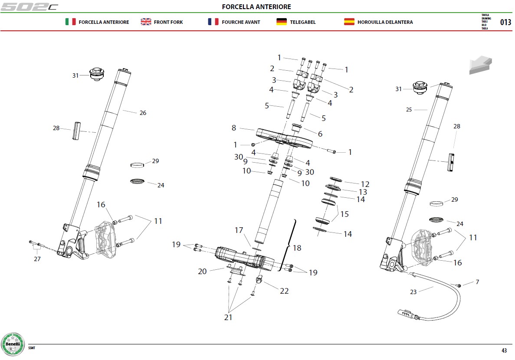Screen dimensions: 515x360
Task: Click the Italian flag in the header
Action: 70,22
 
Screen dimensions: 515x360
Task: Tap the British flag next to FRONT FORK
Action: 146,22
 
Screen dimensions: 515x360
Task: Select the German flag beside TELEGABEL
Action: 282,22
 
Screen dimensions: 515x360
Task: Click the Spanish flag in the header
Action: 349,22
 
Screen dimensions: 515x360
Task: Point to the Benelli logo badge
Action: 13,344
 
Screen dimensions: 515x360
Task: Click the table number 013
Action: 505,22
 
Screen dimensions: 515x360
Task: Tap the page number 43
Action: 504,350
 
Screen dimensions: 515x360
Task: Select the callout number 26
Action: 143,113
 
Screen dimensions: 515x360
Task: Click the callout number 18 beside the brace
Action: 297,248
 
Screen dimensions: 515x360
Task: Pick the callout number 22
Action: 284,291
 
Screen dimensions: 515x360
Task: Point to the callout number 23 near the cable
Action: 413,291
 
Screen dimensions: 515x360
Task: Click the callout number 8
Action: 234,128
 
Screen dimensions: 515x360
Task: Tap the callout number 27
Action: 37,259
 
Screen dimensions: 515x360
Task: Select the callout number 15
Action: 344,214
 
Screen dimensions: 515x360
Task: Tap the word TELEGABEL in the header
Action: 302,22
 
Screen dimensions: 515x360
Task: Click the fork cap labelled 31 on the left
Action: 97,74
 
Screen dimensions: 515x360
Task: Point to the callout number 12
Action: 365,184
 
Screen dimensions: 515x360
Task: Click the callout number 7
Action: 477,282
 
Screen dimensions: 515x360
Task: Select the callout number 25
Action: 409,110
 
